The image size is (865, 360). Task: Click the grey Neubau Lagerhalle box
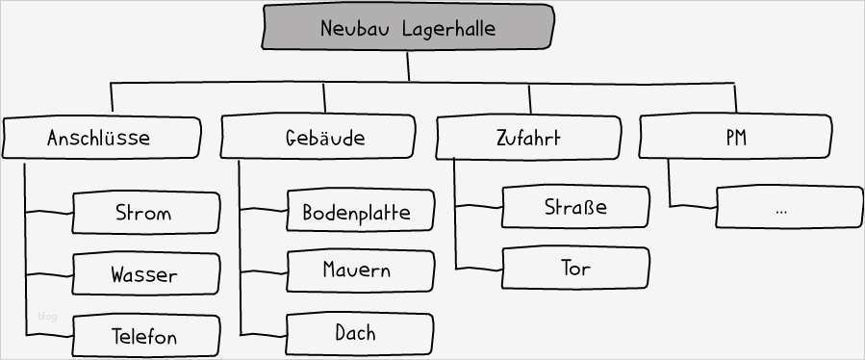[408, 27]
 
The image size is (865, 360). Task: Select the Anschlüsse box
[100, 138]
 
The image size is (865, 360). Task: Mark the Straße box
[575, 207]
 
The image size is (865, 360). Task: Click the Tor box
[575, 267]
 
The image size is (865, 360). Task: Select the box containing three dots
[789, 207]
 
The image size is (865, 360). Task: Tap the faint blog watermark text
[47, 316]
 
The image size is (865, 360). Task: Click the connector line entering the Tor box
[478, 267]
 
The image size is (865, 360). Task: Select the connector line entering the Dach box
[264, 333]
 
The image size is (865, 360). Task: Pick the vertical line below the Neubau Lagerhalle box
[408, 65]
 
